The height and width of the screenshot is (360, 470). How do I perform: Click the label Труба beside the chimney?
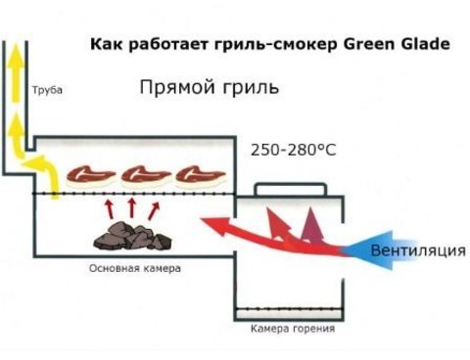[47, 90]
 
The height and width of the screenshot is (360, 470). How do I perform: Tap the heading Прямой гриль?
[210, 87]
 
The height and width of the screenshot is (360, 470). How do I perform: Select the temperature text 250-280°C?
[293, 151]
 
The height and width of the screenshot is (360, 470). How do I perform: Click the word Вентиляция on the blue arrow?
[418, 250]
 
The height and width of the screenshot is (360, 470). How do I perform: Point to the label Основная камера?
[135, 269]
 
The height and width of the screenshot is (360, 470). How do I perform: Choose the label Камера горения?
[293, 329]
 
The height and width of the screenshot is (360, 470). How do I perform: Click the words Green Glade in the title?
[397, 44]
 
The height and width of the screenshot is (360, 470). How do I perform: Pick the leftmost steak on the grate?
[90, 175]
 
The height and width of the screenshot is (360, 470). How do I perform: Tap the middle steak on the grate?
[146, 175]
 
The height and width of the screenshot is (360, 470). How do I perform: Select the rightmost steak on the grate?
[201, 175]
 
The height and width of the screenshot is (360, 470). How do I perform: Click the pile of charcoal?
[132, 236]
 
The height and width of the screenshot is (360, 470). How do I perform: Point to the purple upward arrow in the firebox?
[312, 227]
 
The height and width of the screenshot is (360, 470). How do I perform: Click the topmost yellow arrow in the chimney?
[16, 73]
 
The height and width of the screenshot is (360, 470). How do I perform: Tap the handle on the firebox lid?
[291, 188]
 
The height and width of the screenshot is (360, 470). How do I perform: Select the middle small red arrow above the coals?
[132, 208]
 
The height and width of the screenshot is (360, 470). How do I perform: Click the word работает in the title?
[169, 44]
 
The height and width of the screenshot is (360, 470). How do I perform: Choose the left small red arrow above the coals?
[110, 209]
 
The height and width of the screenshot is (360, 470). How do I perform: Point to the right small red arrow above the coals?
[154, 210]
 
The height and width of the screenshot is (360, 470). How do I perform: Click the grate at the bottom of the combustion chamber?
[289, 308]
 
